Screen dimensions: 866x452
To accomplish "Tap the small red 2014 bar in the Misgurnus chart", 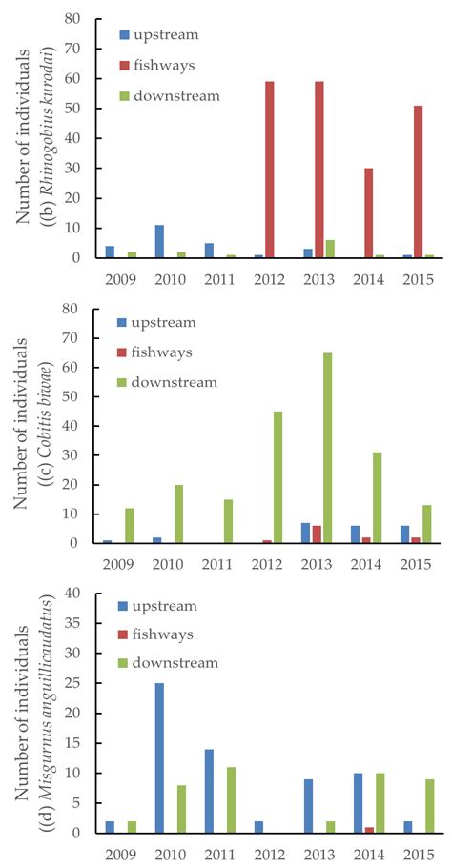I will (368, 830).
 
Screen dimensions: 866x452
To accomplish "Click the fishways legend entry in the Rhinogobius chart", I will (172, 66).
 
